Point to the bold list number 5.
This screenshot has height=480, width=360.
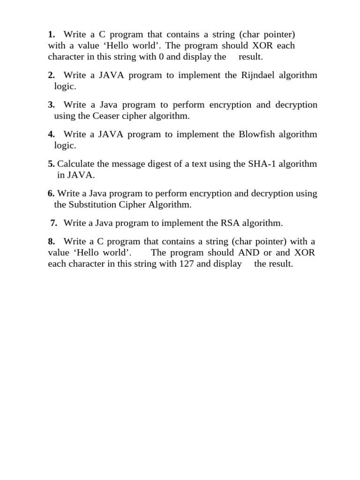51,164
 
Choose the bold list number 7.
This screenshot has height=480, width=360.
54,223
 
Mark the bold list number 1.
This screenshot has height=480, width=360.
51,34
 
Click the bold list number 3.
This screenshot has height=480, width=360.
51,105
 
